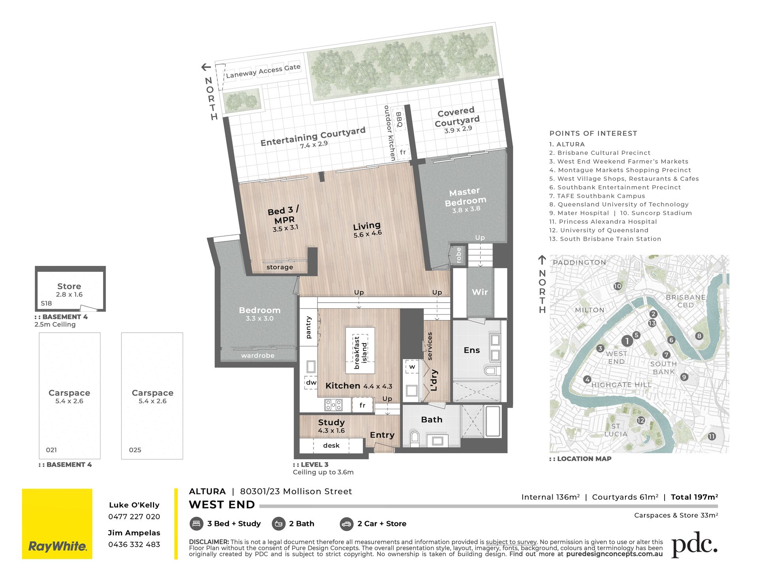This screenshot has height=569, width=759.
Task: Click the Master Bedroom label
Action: [465, 197]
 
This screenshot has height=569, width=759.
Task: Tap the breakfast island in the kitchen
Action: [360, 350]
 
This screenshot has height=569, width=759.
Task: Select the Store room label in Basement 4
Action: [69, 286]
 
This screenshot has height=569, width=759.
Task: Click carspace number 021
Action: [51, 450]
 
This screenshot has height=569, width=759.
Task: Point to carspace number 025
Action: [135, 450]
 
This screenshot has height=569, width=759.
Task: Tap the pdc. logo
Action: [695, 545]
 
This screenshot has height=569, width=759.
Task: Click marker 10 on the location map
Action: [617, 286]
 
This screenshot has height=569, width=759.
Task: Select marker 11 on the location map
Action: [712, 436]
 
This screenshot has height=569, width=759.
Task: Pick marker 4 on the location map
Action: [587, 379]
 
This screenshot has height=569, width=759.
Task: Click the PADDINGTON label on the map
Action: [579, 262]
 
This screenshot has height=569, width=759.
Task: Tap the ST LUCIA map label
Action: [616, 430]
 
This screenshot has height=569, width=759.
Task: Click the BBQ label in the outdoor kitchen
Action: [399, 120]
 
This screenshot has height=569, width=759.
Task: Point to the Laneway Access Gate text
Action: [263, 71]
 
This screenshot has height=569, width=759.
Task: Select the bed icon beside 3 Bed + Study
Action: [196, 524]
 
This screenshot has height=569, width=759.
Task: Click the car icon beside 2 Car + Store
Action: [346, 524]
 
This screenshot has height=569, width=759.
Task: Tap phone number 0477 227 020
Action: [134, 516]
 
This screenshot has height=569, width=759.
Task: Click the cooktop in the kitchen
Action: [333, 405]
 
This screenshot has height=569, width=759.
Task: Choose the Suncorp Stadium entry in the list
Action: [656, 213]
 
